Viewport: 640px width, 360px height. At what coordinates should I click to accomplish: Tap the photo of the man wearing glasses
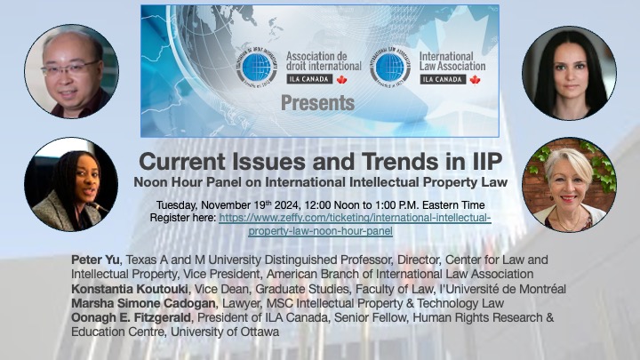71,71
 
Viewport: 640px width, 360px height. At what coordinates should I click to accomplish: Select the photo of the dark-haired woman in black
569,73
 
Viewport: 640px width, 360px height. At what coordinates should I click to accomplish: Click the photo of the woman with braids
71,185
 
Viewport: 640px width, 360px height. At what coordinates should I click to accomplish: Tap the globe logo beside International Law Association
392,67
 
